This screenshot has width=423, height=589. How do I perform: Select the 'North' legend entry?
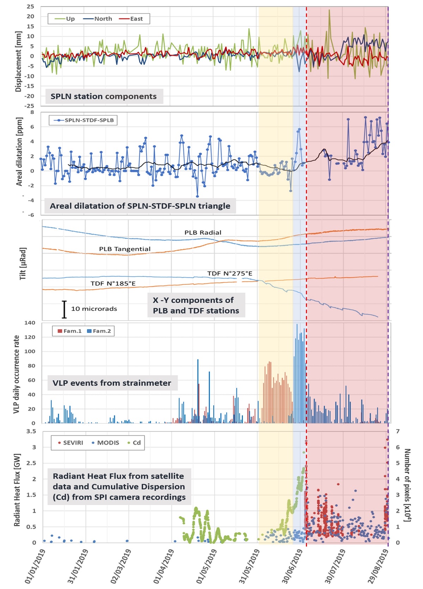[x=98, y=19]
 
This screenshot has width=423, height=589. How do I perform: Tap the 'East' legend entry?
[x=131, y=19]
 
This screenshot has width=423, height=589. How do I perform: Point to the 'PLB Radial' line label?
[x=203, y=232]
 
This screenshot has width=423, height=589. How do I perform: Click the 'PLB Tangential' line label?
[x=125, y=249]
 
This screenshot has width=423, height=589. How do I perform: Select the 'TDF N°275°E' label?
[x=229, y=273]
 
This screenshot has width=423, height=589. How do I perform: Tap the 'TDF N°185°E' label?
[x=113, y=283]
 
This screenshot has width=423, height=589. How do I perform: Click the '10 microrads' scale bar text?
[x=94, y=309]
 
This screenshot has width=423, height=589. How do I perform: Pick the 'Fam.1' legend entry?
[x=70, y=331]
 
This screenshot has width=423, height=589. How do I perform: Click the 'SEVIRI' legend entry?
[x=70, y=443]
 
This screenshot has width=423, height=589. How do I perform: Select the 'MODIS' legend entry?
[x=105, y=443]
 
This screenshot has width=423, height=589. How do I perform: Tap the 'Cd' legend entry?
[x=134, y=443]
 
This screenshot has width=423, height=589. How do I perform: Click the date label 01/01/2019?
[x=36, y=566]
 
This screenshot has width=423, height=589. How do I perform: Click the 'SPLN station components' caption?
[x=104, y=96]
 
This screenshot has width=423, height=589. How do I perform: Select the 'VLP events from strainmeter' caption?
[x=112, y=383]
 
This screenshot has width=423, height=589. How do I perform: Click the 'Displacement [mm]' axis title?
[x=18, y=61]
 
